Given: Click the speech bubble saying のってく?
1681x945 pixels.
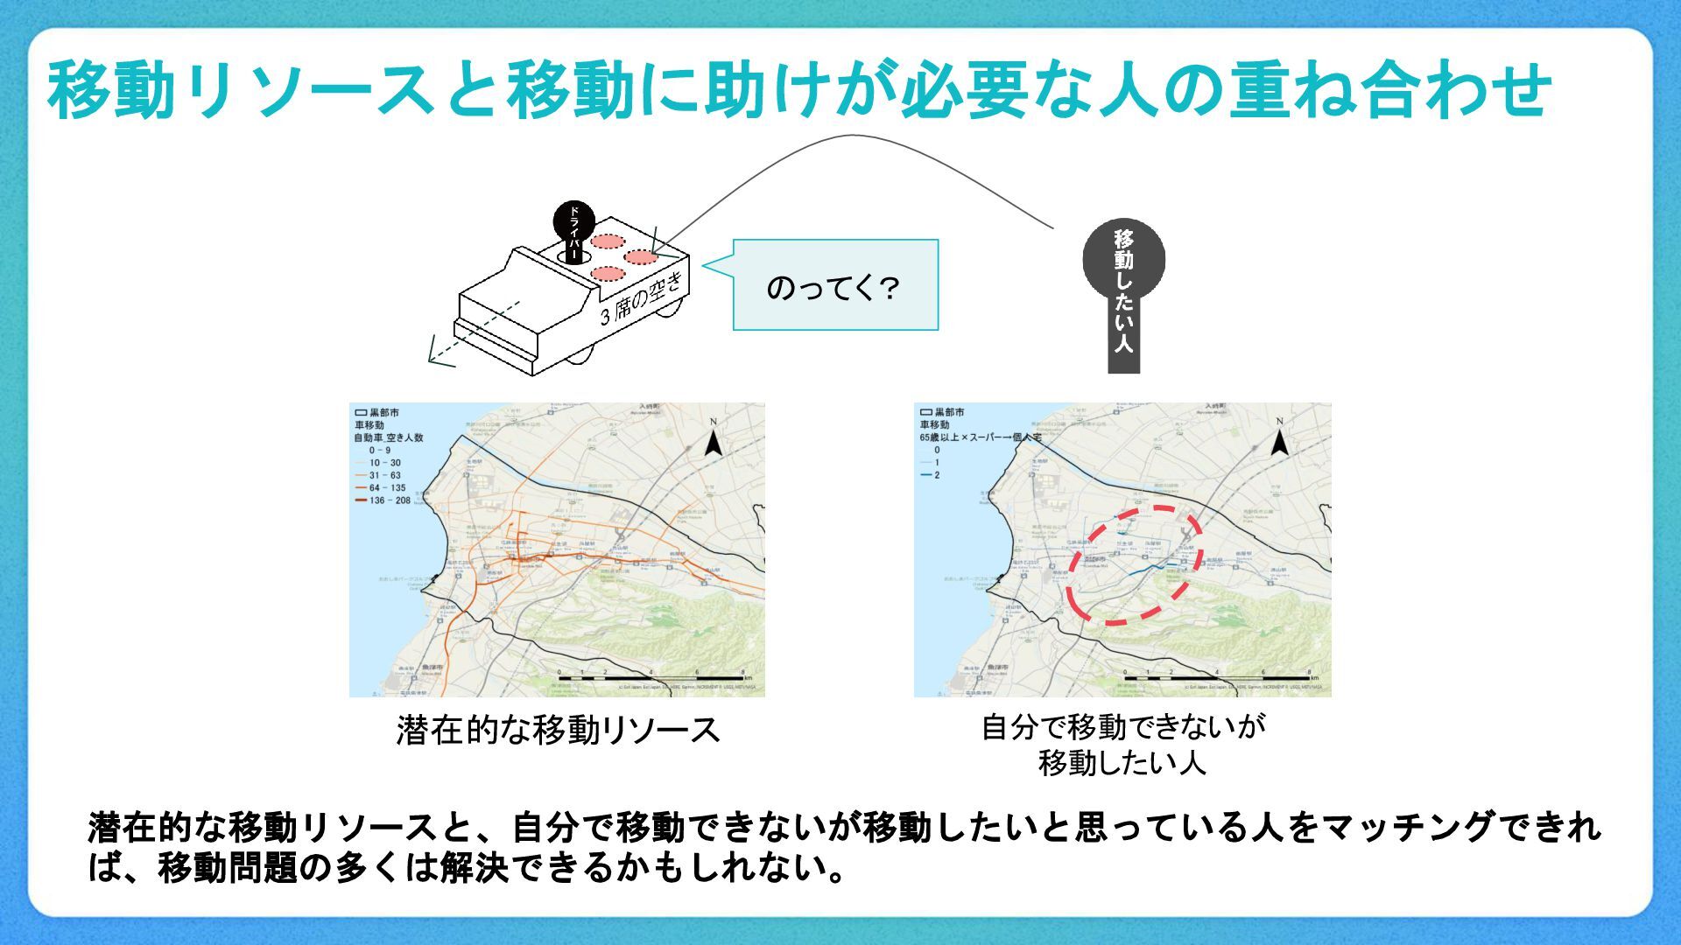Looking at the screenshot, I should (x=834, y=286).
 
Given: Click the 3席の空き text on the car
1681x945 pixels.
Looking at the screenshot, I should (x=641, y=298).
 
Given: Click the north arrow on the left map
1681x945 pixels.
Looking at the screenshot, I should (x=714, y=437).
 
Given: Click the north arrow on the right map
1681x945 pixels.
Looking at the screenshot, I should (x=1279, y=437).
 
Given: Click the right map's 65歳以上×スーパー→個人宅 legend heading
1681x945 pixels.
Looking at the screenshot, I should (x=980, y=437).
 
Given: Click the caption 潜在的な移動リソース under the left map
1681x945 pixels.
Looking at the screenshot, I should (x=558, y=730).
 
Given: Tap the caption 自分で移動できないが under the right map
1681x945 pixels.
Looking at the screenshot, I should (x=1123, y=726).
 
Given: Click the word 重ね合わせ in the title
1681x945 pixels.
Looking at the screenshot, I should (x=1390, y=91).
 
